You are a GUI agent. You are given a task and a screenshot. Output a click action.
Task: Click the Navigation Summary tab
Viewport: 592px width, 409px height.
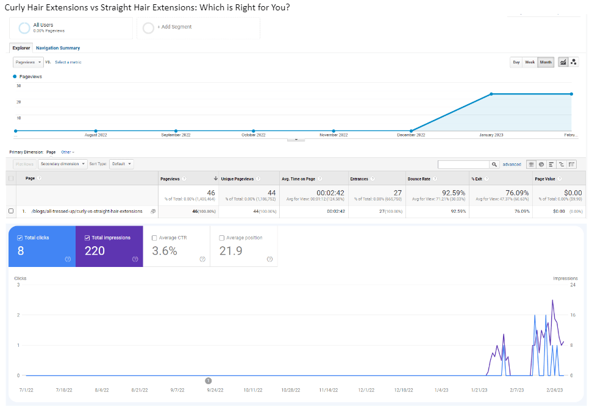pos(58,48)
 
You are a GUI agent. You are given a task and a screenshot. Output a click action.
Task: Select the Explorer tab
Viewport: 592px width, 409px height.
pos(21,48)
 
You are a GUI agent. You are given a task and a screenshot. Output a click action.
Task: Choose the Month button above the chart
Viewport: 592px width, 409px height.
pos(546,62)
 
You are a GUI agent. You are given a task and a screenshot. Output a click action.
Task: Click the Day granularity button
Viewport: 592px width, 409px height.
pos(516,62)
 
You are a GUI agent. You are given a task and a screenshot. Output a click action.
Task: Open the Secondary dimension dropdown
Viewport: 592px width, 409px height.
pos(63,164)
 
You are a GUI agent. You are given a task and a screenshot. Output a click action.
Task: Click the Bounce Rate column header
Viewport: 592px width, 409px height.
pos(419,179)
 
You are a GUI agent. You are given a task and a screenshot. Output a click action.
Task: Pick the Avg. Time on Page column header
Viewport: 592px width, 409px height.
pos(298,179)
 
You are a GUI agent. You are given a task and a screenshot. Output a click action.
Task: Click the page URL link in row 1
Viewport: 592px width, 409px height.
pos(87,212)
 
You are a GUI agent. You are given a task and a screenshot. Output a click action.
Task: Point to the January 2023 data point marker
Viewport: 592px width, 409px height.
pos(491,94)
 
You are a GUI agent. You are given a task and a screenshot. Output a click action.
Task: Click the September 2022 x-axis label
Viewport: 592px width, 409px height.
pos(176,135)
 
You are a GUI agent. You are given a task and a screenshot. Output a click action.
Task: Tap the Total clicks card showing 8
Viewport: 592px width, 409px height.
pos(41,246)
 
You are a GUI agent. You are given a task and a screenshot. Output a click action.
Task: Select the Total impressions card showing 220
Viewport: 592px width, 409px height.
pos(109,246)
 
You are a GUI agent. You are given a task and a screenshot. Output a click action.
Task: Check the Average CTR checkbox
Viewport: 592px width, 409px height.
pos(154,238)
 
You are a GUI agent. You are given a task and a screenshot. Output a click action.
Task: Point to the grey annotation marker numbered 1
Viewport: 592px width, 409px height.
pos(209,380)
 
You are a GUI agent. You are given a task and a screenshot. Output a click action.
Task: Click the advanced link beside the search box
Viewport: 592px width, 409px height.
pos(512,164)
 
